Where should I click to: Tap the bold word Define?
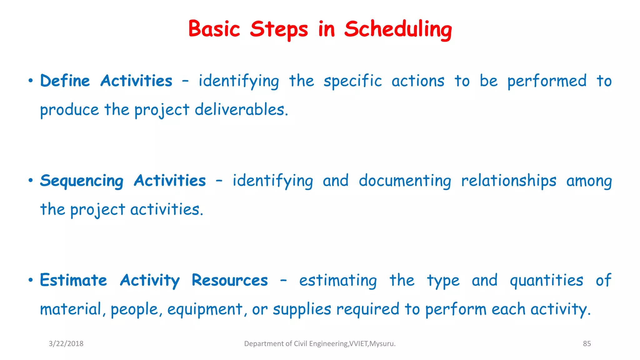65,81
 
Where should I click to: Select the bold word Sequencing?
82,181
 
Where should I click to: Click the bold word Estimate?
73,280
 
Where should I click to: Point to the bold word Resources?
230,280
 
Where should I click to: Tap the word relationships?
509,181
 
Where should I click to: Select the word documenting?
405,181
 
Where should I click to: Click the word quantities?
546,280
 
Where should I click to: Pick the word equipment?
205,309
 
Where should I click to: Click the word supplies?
302,309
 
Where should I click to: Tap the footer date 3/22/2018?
66,344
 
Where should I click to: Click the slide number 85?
587,344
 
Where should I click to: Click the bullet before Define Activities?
30,81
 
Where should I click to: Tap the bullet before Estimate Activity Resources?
30,280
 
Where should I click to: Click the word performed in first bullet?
547,81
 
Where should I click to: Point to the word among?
589,181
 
